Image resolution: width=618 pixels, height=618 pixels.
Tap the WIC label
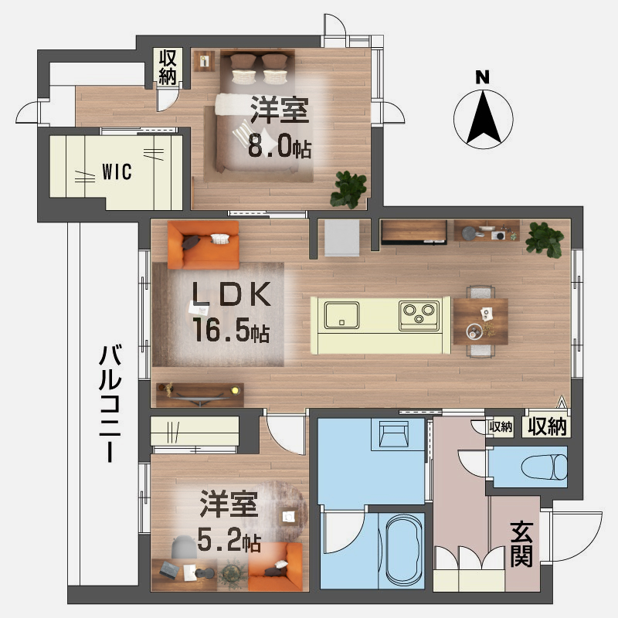click(x=117, y=171)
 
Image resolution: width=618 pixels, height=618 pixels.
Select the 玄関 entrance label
click(x=522, y=543)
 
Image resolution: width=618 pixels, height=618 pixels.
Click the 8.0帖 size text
click(x=279, y=148)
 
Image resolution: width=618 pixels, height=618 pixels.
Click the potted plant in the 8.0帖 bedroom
click(x=350, y=188)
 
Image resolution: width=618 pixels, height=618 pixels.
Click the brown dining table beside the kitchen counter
click(x=480, y=320)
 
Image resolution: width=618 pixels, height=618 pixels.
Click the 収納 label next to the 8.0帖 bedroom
click(x=168, y=66)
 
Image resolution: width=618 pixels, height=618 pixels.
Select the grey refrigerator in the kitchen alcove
click(x=341, y=238)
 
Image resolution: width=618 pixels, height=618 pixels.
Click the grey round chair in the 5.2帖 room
click(x=185, y=546)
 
